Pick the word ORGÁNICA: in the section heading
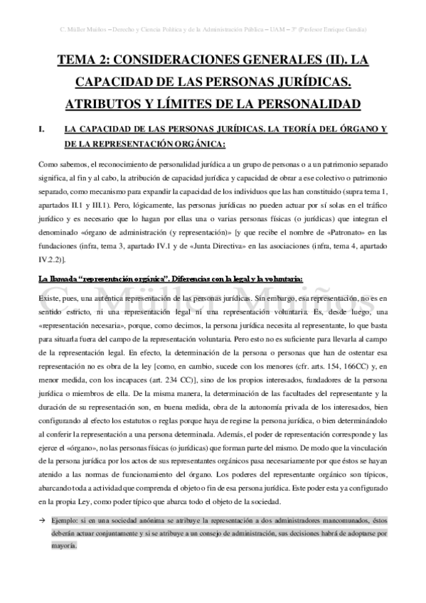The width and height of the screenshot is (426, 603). coord(197,145)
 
